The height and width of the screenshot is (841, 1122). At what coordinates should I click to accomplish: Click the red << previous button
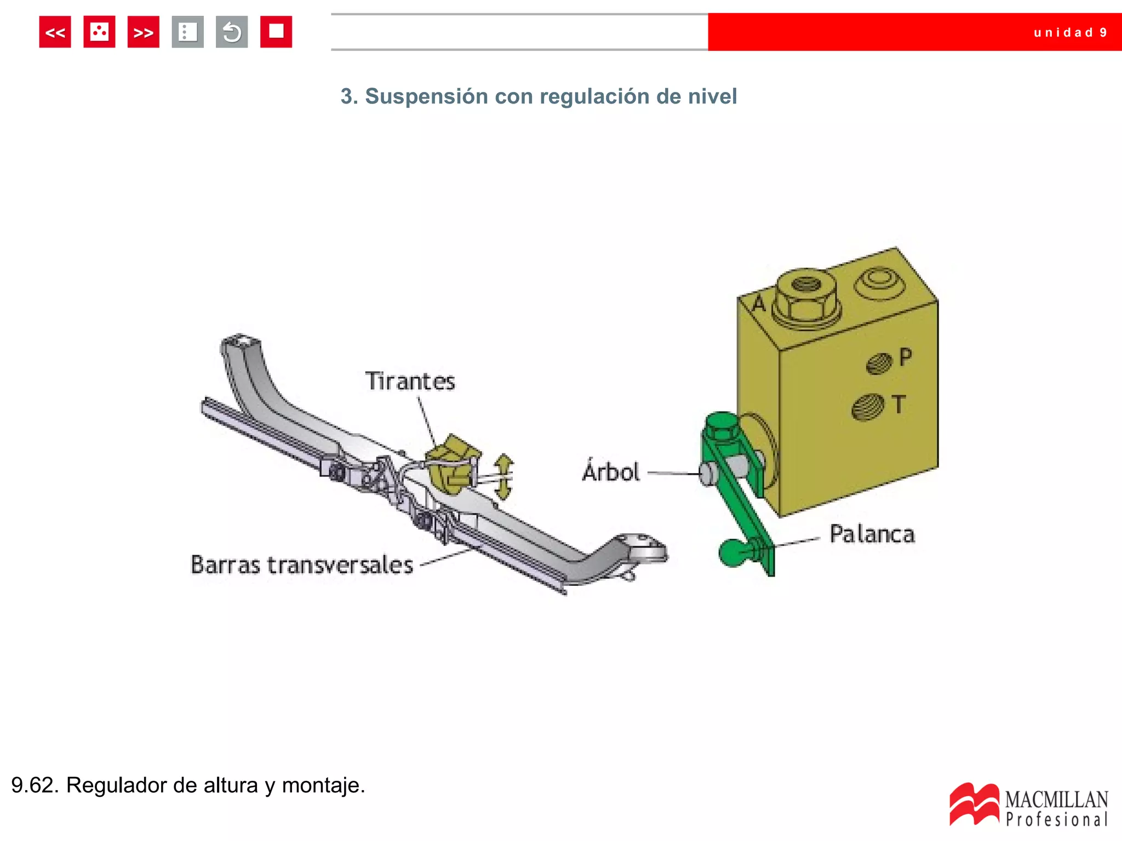pyautogui.click(x=55, y=32)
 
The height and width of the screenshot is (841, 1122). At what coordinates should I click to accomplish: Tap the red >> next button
pyautogui.click(x=143, y=32)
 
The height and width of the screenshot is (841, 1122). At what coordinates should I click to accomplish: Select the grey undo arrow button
pyautogui.click(x=232, y=32)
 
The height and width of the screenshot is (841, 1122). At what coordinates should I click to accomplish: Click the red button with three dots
pyautogui.click(x=99, y=32)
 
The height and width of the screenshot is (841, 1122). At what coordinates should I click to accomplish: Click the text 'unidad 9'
pyautogui.click(x=1070, y=33)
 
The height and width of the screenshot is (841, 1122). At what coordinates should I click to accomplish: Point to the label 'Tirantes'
pyautogui.click(x=410, y=382)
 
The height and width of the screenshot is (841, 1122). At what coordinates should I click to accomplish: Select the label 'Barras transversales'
pyautogui.click(x=301, y=565)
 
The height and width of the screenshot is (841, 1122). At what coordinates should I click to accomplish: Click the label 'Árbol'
pyautogui.click(x=611, y=472)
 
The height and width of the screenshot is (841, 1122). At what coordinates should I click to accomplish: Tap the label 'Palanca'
pyautogui.click(x=872, y=534)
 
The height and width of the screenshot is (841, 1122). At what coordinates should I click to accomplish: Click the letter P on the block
pyautogui.click(x=906, y=357)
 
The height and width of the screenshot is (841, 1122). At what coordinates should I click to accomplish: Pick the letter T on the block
pyautogui.click(x=898, y=405)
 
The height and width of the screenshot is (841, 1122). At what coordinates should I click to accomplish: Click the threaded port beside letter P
pyautogui.click(x=879, y=363)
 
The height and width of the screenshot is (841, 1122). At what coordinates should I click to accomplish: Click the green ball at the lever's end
pyautogui.click(x=732, y=552)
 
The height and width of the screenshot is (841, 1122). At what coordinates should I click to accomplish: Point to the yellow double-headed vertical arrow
pyautogui.click(x=503, y=477)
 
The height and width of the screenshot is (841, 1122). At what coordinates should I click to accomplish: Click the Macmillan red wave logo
pyautogui.click(x=974, y=804)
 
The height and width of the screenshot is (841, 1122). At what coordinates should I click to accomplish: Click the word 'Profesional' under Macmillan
pyautogui.click(x=1057, y=820)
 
